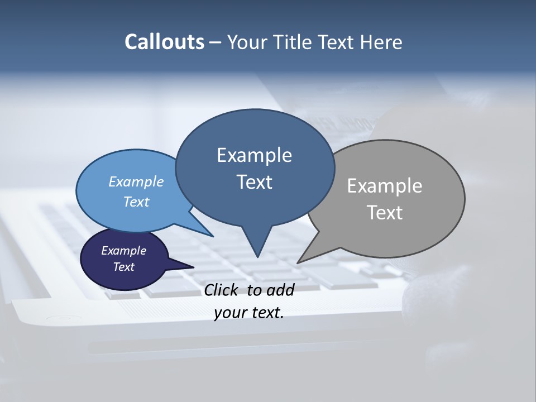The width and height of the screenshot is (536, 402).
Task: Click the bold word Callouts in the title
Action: (164, 42)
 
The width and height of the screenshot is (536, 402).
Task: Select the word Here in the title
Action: (382, 42)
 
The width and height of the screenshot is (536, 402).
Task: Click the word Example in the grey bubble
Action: (385, 185)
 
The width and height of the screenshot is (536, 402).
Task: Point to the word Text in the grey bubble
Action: (385, 212)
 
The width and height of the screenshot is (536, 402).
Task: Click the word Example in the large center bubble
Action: (254, 155)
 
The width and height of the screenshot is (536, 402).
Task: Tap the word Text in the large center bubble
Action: (254, 182)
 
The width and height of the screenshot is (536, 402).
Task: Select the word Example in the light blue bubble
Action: (136, 181)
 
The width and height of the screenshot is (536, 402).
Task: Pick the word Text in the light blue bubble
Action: (136, 202)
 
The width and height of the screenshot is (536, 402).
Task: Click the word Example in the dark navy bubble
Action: (123, 251)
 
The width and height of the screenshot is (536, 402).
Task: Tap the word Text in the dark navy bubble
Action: (123, 267)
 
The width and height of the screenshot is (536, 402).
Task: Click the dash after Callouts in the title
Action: (216, 42)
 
